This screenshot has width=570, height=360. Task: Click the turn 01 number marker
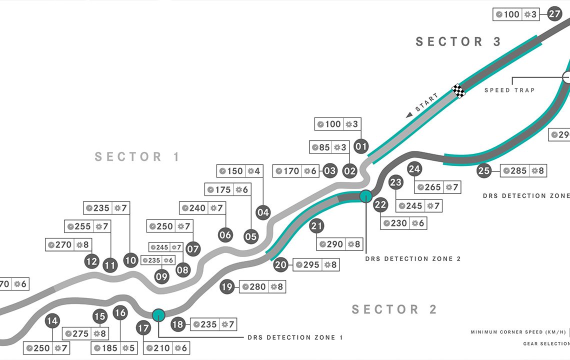361,146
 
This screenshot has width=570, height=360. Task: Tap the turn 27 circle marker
554,14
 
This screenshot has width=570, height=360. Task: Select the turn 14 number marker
52,321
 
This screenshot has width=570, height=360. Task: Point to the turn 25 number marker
483,171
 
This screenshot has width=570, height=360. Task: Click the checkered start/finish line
458,90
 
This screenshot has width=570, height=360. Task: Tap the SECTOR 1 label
137,157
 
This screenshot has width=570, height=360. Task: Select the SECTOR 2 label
394,309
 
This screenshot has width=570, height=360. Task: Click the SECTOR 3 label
458,42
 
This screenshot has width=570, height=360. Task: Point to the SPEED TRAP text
509,90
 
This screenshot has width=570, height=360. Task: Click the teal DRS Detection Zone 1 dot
158,314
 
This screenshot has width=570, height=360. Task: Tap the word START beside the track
427,102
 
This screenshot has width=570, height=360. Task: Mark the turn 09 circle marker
162,276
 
